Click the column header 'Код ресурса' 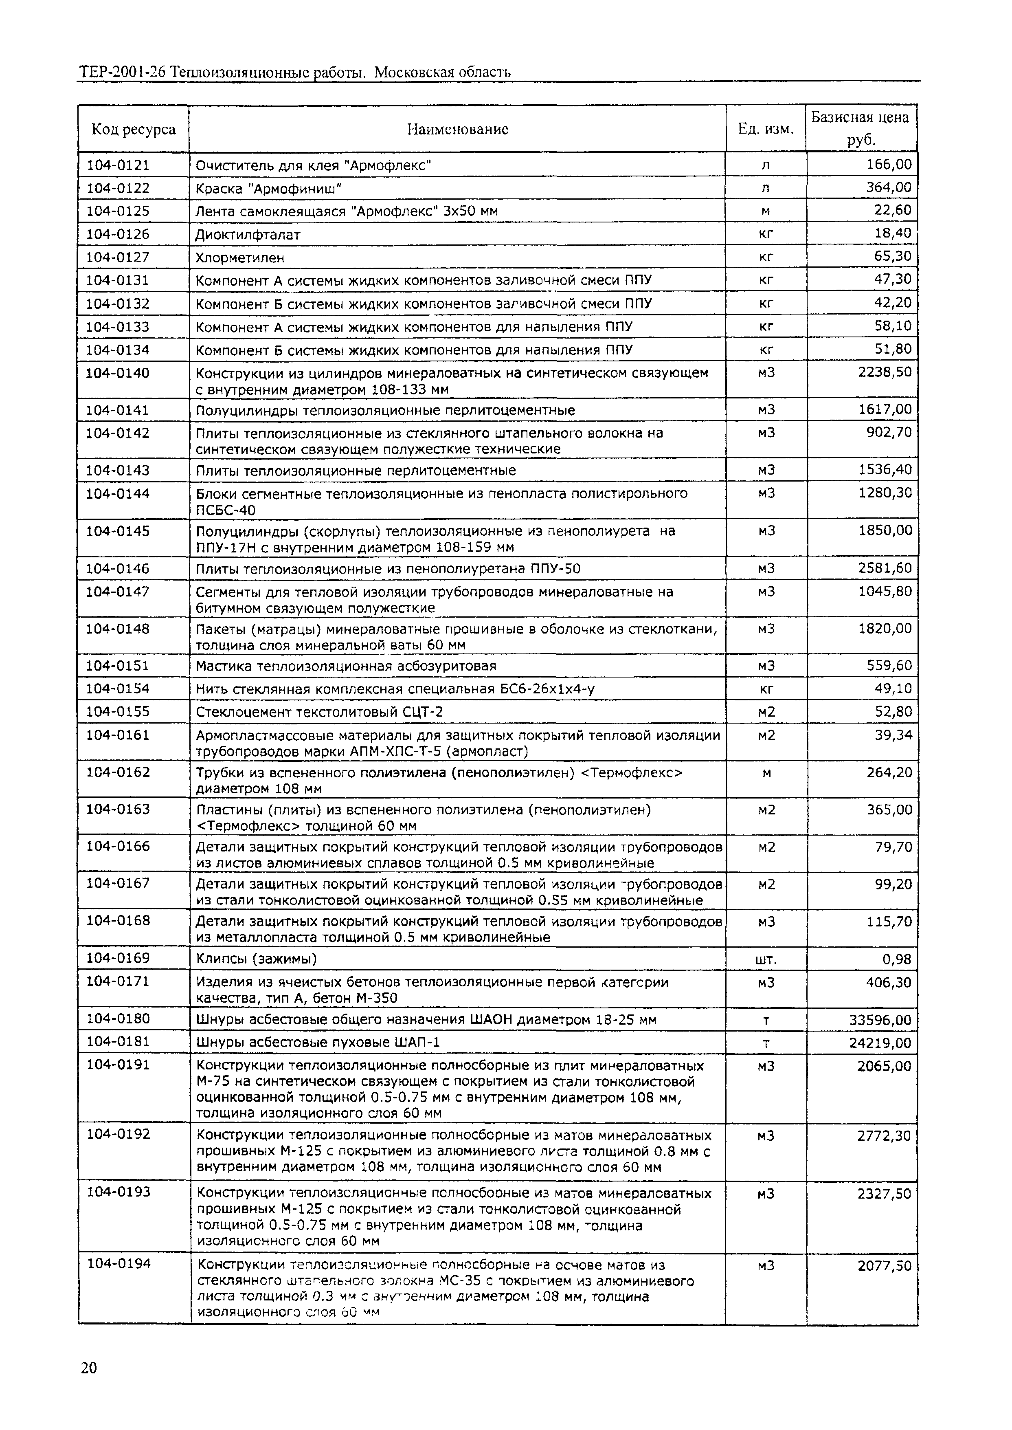[133, 129]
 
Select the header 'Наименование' [457, 129]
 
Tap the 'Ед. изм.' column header [766, 129]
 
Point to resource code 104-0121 [118, 165]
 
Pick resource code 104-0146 [118, 568]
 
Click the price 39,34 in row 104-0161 [893, 735]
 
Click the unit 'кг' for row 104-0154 [766, 689]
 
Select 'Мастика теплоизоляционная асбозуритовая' [346, 666]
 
